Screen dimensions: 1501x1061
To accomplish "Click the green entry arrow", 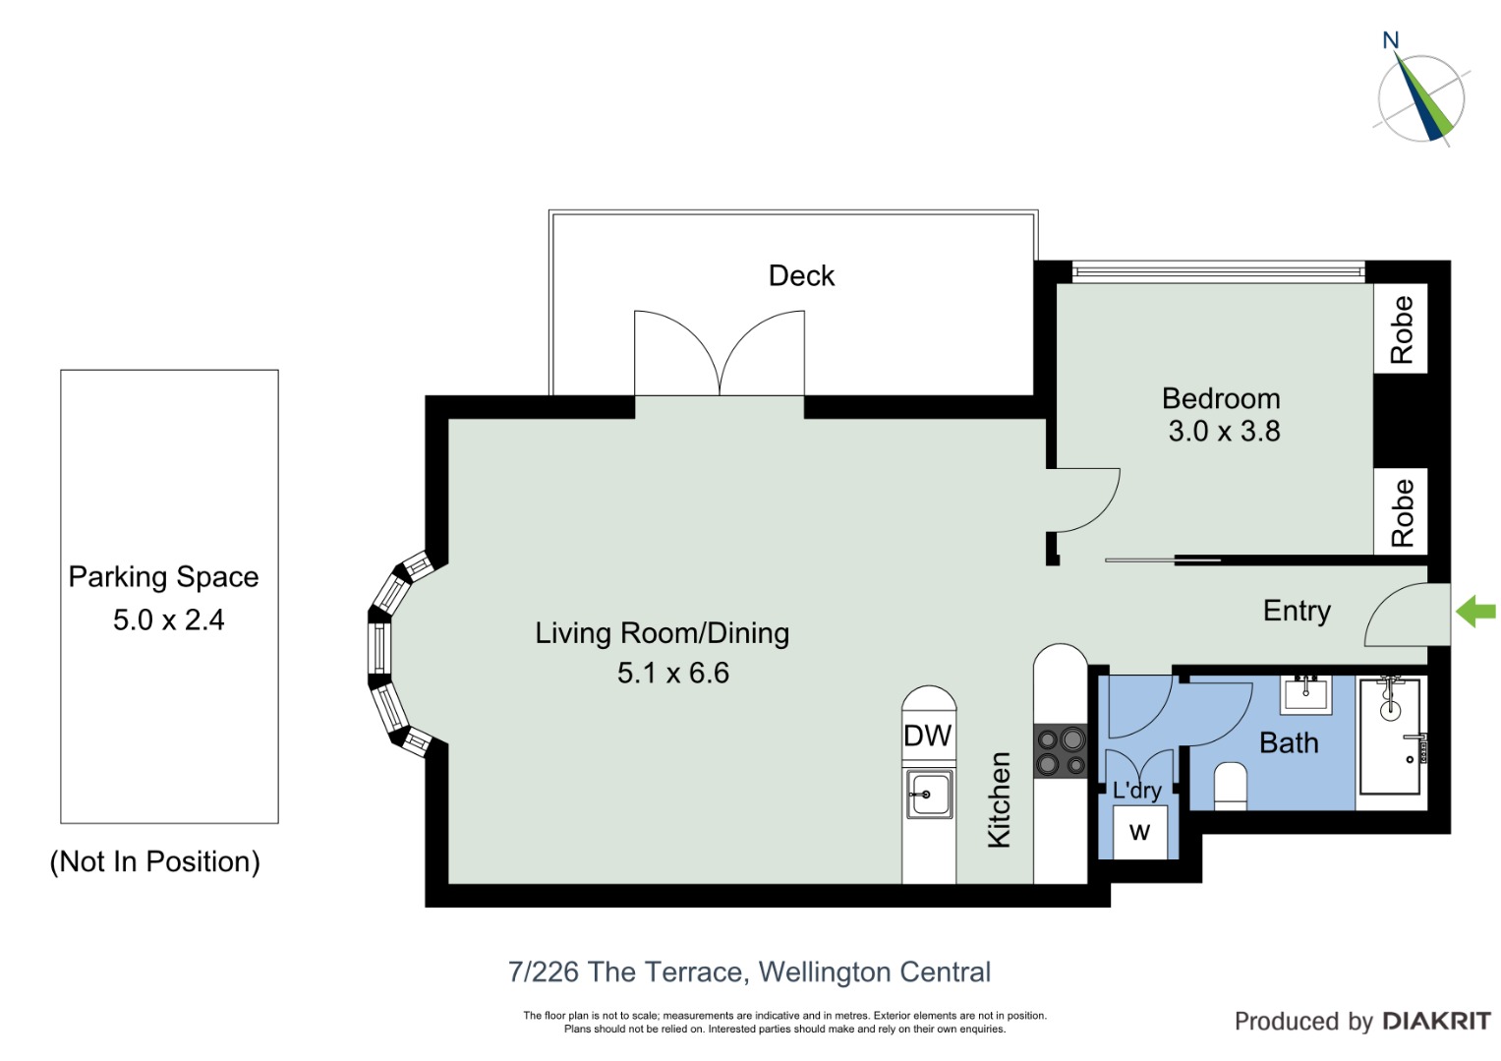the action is [1475, 612].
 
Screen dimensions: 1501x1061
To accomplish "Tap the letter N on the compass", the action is [1391, 40].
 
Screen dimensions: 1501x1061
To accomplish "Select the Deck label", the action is [801, 275].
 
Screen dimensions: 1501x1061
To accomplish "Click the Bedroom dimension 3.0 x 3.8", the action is [1224, 431].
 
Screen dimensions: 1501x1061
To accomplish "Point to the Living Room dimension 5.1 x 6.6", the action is [672, 673].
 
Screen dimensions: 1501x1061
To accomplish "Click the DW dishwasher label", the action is [927, 736].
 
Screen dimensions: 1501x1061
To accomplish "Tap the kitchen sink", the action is [929, 795].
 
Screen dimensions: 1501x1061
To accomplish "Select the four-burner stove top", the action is [1060, 750].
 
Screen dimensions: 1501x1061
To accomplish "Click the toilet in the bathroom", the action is [1231, 786].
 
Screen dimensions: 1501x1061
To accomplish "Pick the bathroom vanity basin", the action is [1306, 694].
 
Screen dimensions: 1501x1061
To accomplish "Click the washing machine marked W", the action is [1140, 832].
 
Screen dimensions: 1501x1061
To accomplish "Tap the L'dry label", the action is [1136, 791].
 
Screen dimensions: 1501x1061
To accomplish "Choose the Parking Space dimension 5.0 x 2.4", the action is [169, 619].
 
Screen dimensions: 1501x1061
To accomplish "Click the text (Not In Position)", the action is [154, 861].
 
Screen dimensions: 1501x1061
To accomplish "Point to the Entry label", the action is [1297, 612].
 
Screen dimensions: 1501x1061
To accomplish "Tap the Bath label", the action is [1290, 742].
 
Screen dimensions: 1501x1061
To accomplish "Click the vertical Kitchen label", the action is [999, 799].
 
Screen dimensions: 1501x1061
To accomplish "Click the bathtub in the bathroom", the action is [1390, 736].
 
